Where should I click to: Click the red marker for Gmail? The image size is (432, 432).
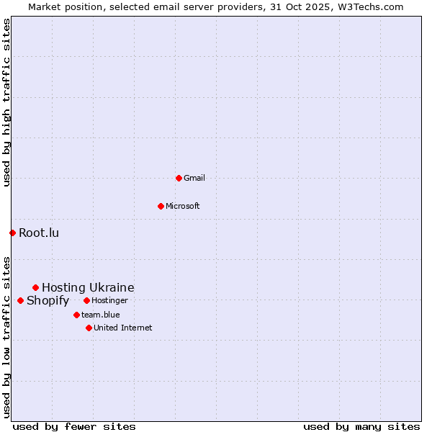pos(179,178)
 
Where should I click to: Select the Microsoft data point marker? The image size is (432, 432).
pos(161,206)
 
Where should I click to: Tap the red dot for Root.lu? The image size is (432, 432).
pos(12,233)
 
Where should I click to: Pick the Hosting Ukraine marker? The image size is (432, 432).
pos(35,287)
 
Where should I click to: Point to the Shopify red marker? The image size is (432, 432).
pos(20,300)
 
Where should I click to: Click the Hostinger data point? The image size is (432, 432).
pos(86,300)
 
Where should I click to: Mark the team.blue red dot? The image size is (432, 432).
pos(76,315)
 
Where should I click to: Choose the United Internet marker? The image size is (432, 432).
pos(89,328)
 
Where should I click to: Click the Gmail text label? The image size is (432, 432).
pos(194,178)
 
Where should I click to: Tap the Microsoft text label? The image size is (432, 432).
pos(183,206)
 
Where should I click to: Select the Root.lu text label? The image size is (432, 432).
pos(39,233)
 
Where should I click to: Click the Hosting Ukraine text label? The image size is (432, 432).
pos(88,287)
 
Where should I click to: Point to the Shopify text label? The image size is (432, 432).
pos(48,300)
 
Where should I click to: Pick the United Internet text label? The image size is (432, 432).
pos(123,328)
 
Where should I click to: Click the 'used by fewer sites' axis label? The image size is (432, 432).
pos(74,426)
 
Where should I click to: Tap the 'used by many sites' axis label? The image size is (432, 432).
pos(361,426)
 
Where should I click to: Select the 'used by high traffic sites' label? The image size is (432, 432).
pos(6,102)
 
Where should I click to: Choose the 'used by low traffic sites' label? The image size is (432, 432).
pos(6,337)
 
